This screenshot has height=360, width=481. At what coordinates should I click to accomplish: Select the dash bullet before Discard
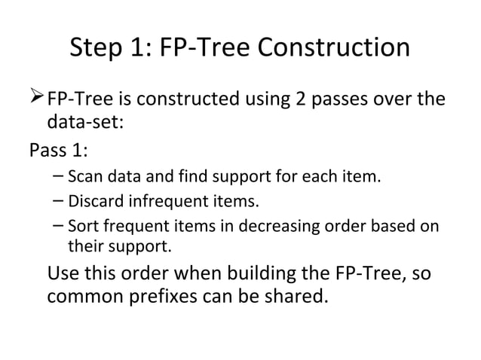point(59,202)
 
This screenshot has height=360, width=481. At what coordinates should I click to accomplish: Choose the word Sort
point(81,225)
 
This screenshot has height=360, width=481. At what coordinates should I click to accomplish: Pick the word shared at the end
point(295,295)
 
